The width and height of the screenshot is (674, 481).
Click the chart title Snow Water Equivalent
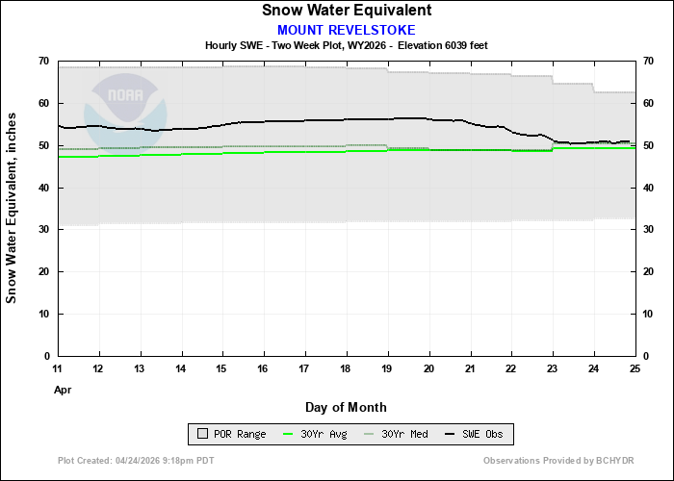point(346,11)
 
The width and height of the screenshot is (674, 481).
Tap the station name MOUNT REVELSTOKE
point(346,30)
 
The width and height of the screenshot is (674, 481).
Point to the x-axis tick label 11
point(58,369)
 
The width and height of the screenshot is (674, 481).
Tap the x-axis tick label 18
point(346,369)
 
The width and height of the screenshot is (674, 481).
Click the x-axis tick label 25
point(634,369)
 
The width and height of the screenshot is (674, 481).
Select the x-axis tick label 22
point(510,369)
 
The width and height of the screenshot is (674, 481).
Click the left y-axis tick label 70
point(43,62)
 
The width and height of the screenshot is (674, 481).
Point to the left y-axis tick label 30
point(43,230)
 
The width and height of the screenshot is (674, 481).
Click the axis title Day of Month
point(346,407)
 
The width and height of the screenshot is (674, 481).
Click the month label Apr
point(62,391)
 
